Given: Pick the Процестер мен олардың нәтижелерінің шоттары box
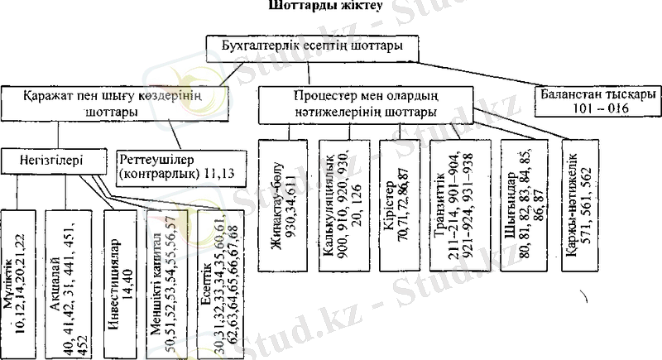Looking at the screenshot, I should click(367, 103).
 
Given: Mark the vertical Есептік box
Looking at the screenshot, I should click(221, 279).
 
